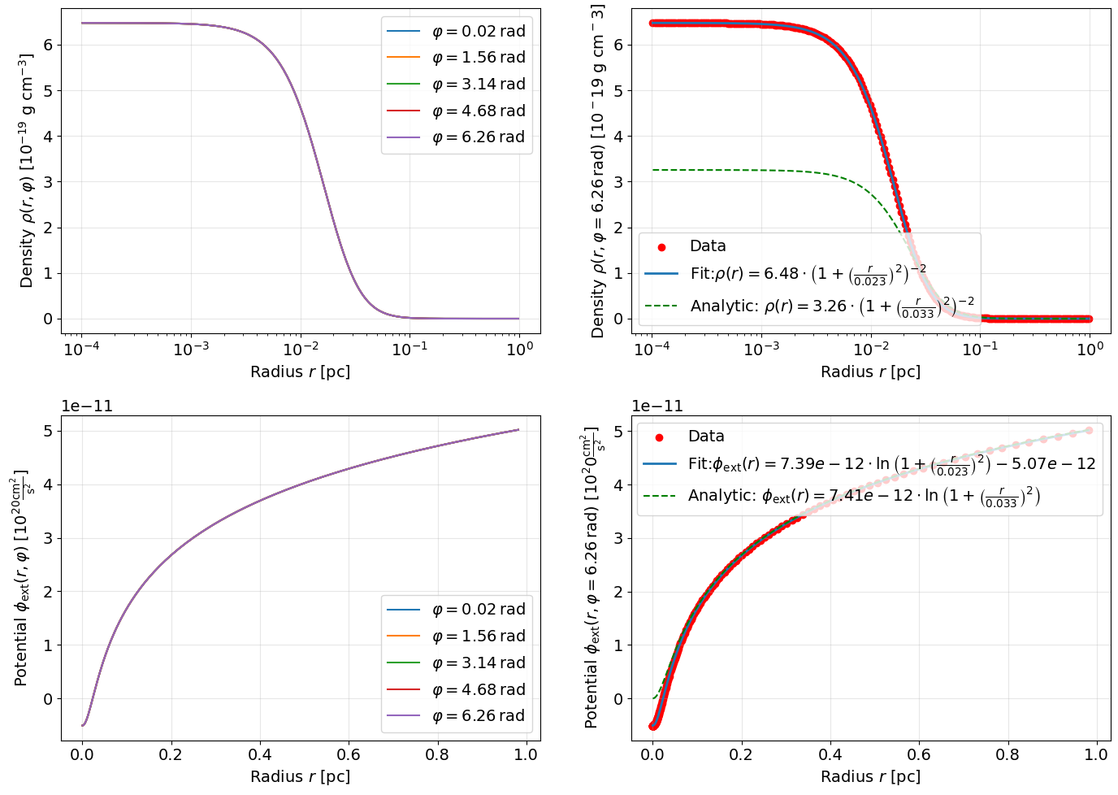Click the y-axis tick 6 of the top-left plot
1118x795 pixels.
48,45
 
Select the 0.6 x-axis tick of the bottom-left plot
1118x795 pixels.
349,754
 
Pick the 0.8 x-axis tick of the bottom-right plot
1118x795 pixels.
1007,754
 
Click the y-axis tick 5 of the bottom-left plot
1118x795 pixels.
48,431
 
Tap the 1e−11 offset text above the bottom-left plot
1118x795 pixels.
88,406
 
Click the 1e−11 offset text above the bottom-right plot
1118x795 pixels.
658,406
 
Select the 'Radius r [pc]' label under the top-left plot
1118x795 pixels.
301,371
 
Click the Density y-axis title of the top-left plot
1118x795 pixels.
27,171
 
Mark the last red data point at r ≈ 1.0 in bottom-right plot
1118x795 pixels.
1089,431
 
